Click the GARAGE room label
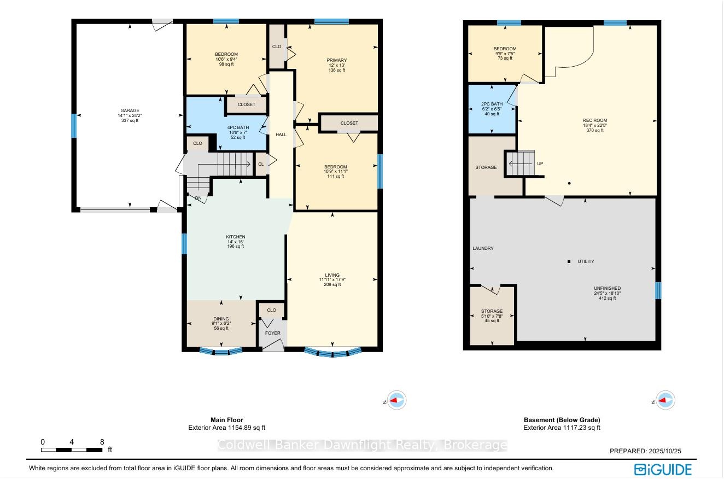click(x=130, y=110)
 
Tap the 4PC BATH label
click(x=238, y=127)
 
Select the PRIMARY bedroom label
click(x=336, y=60)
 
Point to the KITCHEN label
click(x=235, y=237)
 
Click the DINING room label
click(x=221, y=319)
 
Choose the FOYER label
click(x=272, y=333)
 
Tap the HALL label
click(x=281, y=135)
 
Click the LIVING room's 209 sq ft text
click(x=332, y=285)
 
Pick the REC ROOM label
click(x=595, y=120)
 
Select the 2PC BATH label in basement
click(x=492, y=104)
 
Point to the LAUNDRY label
click(x=483, y=248)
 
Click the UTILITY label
click(x=586, y=261)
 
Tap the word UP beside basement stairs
click(x=540, y=163)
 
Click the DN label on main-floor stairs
click(x=198, y=198)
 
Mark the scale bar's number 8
click(x=102, y=442)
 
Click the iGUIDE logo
click(x=663, y=469)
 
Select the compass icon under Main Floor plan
click(x=396, y=400)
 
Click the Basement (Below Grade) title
click(x=562, y=420)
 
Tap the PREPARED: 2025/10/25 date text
click(x=645, y=451)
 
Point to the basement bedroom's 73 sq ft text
click(x=505, y=58)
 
